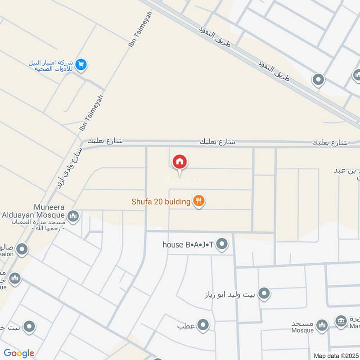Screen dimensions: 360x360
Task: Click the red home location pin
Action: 180,162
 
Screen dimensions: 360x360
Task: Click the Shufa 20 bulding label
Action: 162,201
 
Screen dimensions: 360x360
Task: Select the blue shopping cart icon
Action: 81,65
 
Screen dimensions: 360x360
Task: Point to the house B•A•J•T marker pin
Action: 222,245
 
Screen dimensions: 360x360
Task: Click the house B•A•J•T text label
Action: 188,245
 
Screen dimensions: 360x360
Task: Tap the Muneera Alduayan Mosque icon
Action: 73,216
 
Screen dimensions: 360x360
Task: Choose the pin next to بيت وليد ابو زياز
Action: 264,294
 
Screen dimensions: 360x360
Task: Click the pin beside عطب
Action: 203,324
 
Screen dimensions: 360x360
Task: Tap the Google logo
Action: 19,353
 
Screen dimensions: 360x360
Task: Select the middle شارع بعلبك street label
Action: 217,141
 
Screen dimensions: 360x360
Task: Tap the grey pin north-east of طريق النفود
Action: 318,80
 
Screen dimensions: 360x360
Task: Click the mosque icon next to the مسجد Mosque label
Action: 321,325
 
